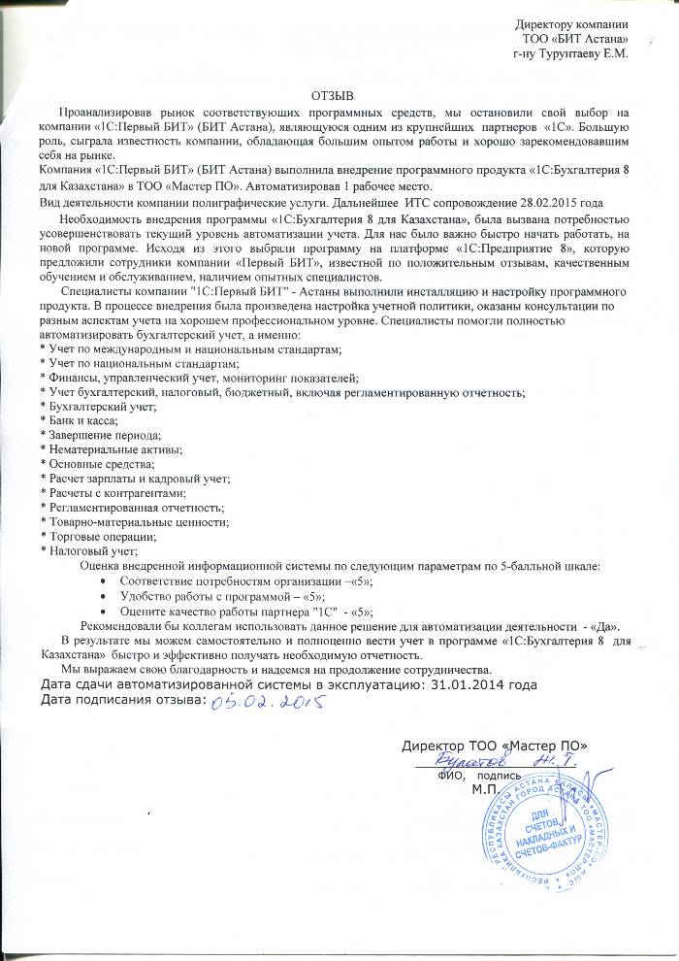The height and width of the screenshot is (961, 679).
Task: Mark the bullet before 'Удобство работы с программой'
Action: [x=104, y=595]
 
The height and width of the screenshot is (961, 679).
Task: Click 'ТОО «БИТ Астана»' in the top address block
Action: [x=574, y=38]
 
